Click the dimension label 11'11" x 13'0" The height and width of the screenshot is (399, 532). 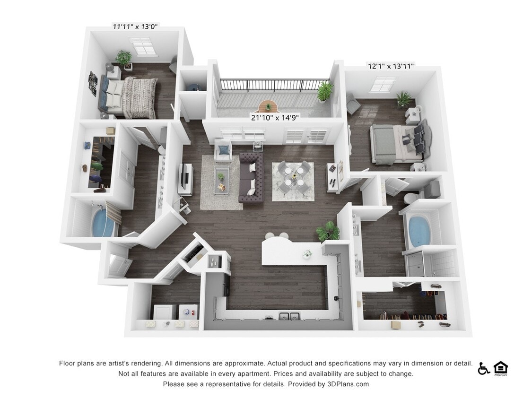[135, 26]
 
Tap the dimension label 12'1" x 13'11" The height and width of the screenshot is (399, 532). [391, 66]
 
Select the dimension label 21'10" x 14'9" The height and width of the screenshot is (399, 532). [275, 117]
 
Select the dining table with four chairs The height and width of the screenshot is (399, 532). [293, 177]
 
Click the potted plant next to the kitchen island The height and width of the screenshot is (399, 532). [328, 232]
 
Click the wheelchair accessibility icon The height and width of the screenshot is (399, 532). [483, 369]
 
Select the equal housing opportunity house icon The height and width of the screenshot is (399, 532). [500, 368]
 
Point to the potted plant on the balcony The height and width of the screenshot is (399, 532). [325, 90]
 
